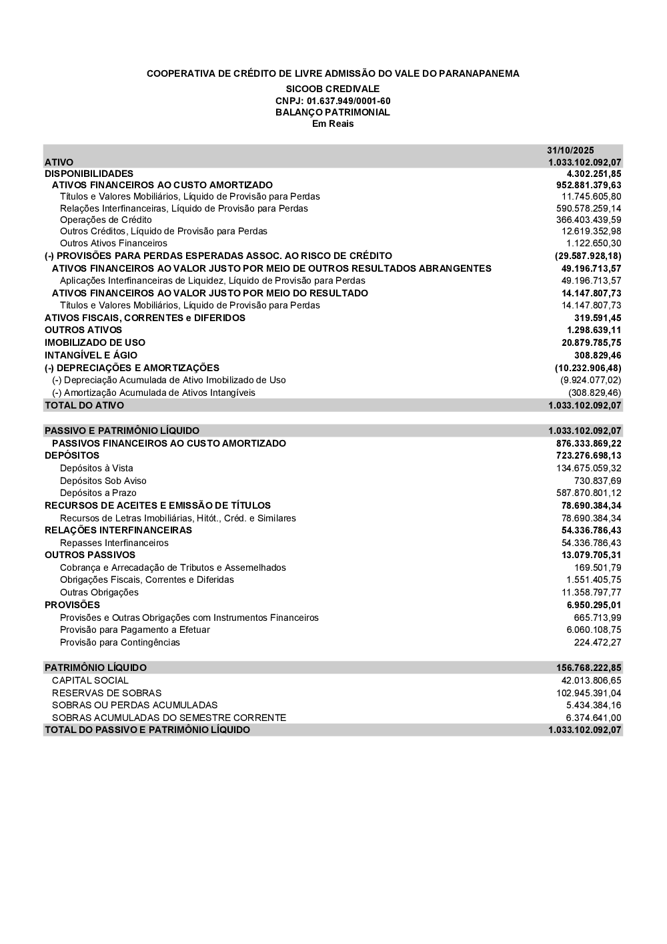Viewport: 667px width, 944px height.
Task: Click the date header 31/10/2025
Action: point(570,150)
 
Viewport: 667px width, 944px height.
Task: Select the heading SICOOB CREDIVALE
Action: point(333,89)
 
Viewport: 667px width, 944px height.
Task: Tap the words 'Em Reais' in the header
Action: point(333,124)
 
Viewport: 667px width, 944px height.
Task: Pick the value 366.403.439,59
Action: point(588,220)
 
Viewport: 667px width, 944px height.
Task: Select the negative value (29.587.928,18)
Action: point(588,256)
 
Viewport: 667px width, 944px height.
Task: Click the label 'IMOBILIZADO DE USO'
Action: point(95,342)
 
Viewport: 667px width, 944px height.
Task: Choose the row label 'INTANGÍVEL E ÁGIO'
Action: point(91,355)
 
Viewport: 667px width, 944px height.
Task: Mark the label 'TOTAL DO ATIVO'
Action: point(84,405)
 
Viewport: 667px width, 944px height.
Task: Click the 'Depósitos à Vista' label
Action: point(96,468)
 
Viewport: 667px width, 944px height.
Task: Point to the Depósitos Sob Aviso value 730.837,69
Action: point(598,481)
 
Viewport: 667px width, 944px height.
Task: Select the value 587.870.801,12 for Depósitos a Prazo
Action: point(588,493)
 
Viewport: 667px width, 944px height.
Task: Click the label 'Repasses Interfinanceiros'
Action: point(114,543)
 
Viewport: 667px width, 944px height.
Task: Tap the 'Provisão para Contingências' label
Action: point(120,642)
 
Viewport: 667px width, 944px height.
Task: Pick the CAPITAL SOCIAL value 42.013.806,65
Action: point(591,680)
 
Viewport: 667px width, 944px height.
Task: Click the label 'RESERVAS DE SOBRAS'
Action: point(107,693)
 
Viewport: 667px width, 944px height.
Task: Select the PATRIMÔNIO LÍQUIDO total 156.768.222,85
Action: point(588,668)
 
